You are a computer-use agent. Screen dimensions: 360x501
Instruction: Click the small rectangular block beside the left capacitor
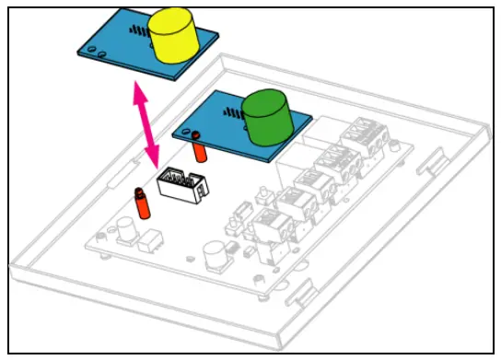point(147,241)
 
